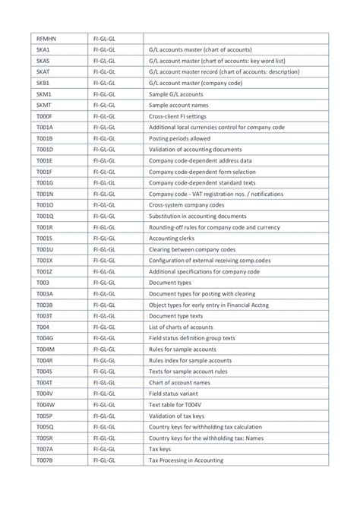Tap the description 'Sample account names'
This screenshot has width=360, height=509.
[180, 106]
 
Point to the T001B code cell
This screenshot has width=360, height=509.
[44, 139]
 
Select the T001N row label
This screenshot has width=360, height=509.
[45, 194]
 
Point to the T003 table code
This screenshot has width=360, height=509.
[43, 282]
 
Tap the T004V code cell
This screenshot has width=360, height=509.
[44, 394]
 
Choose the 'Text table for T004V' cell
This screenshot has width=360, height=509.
[180, 405]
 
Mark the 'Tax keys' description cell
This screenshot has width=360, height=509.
[162, 449]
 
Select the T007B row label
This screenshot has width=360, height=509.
[44, 460]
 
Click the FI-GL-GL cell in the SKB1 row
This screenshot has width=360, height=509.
[104, 82]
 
